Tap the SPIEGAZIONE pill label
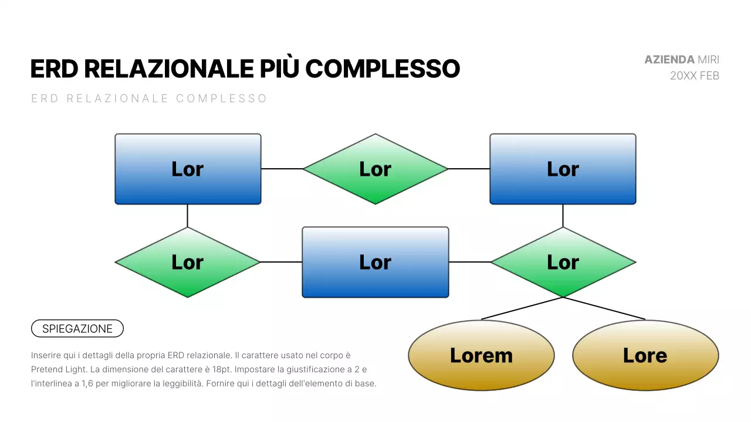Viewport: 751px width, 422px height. (77, 329)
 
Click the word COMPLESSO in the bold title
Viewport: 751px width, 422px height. (383, 69)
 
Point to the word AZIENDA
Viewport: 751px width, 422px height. (669, 60)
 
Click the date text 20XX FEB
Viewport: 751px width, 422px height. (695, 76)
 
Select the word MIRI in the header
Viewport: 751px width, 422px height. (708, 60)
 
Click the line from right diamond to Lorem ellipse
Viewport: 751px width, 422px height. (522, 308)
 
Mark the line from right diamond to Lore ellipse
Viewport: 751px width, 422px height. (604, 308)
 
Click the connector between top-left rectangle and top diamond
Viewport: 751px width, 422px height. (282, 169)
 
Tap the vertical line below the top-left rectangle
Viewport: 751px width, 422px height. (188, 216)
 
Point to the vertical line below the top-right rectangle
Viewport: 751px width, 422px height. (563, 216)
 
